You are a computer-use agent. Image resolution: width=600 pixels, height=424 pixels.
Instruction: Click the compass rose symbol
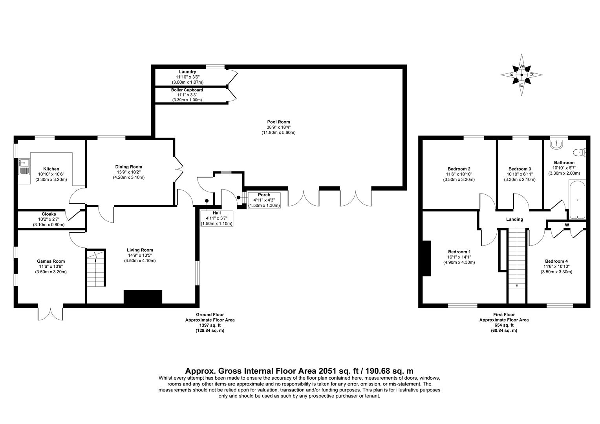tap(521, 75)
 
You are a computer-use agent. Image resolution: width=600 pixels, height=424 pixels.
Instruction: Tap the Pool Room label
tap(278, 122)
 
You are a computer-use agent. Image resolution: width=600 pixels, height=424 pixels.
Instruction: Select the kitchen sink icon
tap(24, 166)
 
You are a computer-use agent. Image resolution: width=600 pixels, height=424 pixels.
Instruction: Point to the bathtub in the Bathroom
tap(577, 199)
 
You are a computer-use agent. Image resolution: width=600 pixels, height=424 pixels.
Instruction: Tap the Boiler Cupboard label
tap(187, 90)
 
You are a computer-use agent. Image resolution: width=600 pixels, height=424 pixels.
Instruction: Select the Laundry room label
tap(187, 72)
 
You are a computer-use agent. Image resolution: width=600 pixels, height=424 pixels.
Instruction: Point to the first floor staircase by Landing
tap(517, 259)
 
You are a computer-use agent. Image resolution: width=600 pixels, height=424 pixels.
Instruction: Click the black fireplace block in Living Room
tap(143, 297)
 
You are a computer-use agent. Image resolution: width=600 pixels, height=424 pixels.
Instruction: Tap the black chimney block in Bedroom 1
tap(426, 258)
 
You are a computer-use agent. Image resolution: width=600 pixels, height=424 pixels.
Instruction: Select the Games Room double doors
tap(50, 313)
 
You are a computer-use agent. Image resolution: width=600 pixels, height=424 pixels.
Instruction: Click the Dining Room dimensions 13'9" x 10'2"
tap(129, 172)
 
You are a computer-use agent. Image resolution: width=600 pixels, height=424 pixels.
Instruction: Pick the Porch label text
tap(264, 195)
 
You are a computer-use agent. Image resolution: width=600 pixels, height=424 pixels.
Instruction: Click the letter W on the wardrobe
tap(567, 225)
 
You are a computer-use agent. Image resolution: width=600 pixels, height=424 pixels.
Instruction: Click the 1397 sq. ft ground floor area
tap(210, 325)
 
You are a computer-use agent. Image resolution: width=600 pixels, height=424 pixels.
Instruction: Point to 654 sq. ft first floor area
tap(504, 325)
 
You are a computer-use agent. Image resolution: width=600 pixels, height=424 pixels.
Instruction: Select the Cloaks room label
tap(49, 214)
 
